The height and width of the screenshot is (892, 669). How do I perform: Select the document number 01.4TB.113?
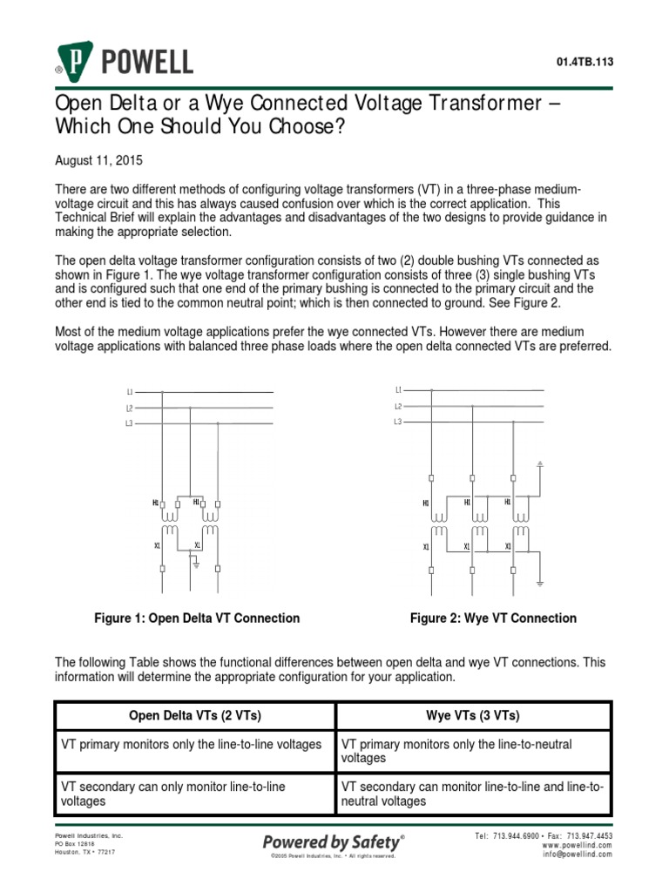coord(584,61)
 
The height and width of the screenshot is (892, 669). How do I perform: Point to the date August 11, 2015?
coord(98,161)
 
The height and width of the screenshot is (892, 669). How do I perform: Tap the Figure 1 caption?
coord(197,618)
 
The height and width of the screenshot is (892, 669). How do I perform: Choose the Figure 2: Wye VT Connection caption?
coord(493,618)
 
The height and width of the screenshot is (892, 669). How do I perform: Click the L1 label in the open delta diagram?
coord(130,392)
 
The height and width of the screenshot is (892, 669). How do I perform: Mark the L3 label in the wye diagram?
coord(398,422)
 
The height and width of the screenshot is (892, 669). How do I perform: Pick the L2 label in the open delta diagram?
coord(130,408)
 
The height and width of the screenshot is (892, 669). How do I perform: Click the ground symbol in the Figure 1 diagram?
coord(197,564)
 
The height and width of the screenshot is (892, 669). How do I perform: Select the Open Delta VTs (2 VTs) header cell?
coord(195,716)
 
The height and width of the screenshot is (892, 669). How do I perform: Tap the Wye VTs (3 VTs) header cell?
coord(473,716)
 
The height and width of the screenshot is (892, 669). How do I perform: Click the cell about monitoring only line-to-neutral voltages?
coord(473,751)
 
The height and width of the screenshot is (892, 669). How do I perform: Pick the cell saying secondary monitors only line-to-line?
coord(195,794)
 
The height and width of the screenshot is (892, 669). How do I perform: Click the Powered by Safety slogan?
coord(334,841)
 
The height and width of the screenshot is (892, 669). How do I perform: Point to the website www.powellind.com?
coord(577,845)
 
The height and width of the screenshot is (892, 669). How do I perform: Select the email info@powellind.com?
coord(577,855)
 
